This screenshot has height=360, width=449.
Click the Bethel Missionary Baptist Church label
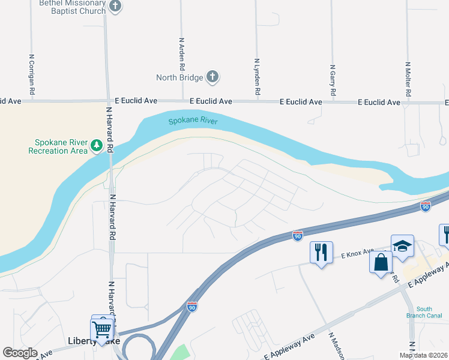(x=72, y=7)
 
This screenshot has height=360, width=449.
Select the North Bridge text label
(x=179, y=77)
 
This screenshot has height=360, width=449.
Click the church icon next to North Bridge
(x=212, y=77)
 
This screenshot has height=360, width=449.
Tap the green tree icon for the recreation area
(x=96, y=145)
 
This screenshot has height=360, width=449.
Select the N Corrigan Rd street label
(x=32, y=75)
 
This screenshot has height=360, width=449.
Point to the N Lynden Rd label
(x=257, y=77)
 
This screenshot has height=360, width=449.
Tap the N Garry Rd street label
(x=332, y=81)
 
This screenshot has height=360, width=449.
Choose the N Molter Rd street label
(x=408, y=79)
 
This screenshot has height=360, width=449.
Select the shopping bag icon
(x=381, y=263)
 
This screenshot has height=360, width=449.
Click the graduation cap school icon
(x=402, y=245)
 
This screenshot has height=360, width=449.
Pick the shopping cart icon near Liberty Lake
(x=102, y=329)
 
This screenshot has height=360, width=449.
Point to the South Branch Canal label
(x=432, y=312)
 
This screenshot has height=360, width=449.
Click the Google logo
(x=20, y=352)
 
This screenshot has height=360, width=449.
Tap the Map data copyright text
(x=423, y=355)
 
